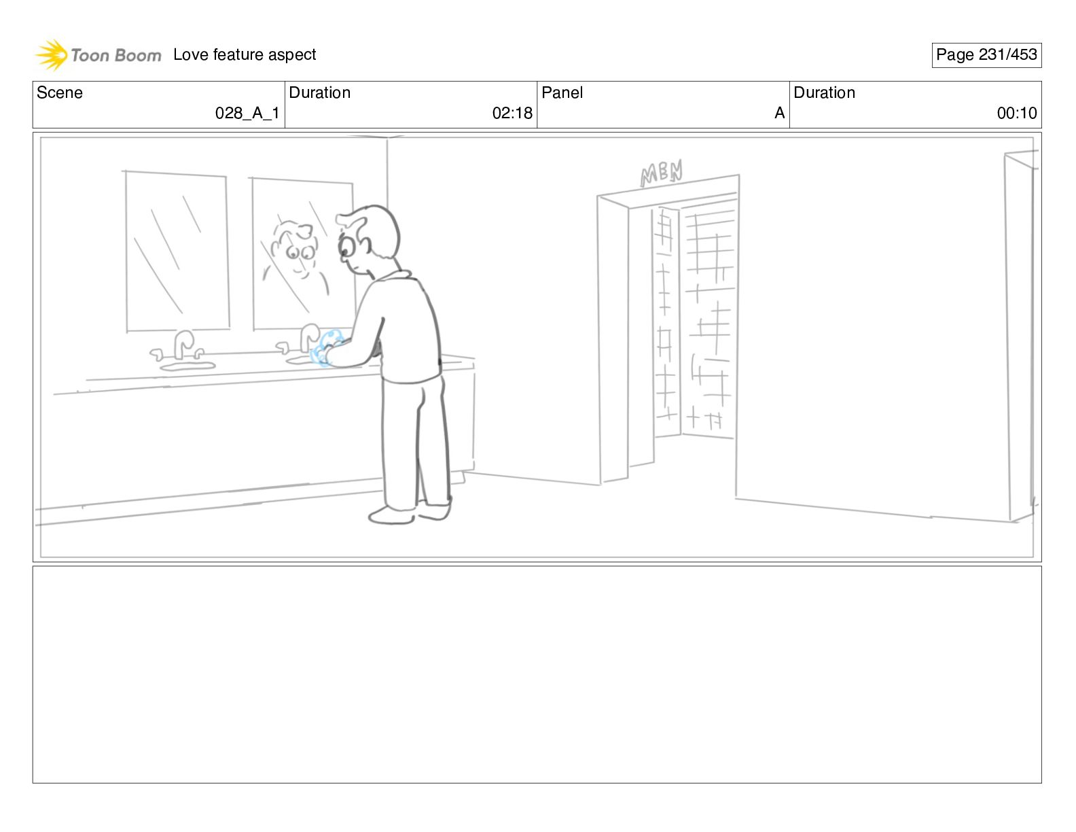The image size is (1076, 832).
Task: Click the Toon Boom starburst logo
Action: point(52,54)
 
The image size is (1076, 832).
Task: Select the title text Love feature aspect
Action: point(245,54)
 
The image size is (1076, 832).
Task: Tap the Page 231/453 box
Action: point(986,54)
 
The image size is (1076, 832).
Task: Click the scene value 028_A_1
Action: point(247,113)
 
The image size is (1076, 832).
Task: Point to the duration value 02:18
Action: point(512,113)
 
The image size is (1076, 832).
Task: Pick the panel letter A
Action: point(779,113)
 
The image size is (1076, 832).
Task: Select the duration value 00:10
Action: point(1017,113)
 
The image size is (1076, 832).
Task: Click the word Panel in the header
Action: point(562,92)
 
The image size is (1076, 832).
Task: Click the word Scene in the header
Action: point(59,92)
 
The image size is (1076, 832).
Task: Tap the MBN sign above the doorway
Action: point(662,173)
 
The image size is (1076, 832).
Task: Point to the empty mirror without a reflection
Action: point(177,252)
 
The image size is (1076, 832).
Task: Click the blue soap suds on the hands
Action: point(326,348)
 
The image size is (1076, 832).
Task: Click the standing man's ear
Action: point(365,243)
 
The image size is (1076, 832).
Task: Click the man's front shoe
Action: point(391,515)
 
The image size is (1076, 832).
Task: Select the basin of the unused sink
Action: point(187,366)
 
